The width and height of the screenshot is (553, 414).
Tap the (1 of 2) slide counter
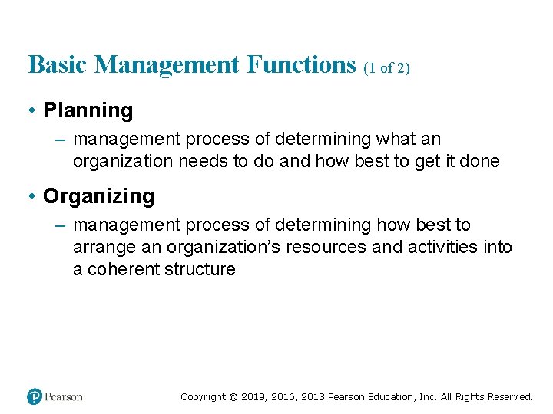coord(386,67)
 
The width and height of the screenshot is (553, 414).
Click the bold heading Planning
coord(88,110)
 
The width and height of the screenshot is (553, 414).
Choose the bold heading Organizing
coord(98,196)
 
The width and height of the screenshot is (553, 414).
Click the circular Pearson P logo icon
coord(35,396)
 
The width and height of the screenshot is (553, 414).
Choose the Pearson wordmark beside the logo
coord(64,396)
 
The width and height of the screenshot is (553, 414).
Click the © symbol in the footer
coord(232,397)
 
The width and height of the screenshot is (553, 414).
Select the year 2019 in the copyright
coord(253,397)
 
